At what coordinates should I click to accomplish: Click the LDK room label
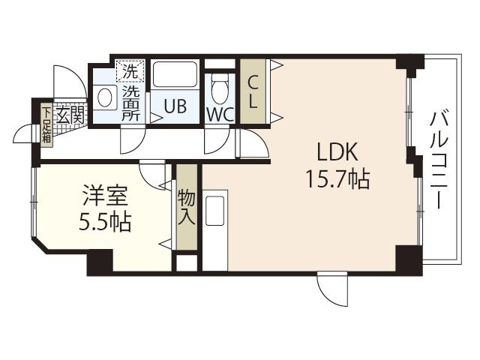tap(337, 152)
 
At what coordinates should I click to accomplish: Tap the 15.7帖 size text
tap(338, 179)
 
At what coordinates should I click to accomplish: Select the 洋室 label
tap(105, 196)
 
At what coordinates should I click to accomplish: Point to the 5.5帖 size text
tap(105, 222)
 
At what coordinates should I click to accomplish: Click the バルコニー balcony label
tap(439, 160)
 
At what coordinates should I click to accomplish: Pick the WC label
tap(220, 115)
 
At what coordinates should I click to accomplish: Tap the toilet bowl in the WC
tap(220, 89)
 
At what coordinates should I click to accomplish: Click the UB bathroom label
tap(175, 106)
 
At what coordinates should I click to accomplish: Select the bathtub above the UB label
tap(175, 74)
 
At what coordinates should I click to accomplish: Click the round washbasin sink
tap(105, 97)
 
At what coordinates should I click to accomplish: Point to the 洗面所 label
tap(131, 103)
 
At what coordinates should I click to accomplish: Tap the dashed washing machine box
tap(130, 71)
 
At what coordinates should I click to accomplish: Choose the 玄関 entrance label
tap(70, 115)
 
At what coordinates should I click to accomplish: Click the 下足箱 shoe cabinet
tap(46, 124)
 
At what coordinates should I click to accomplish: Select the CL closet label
tap(252, 91)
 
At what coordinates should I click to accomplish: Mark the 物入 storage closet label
tap(187, 207)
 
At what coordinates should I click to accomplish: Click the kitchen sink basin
tap(215, 211)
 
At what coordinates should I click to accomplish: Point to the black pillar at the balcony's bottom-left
tap(408, 258)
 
